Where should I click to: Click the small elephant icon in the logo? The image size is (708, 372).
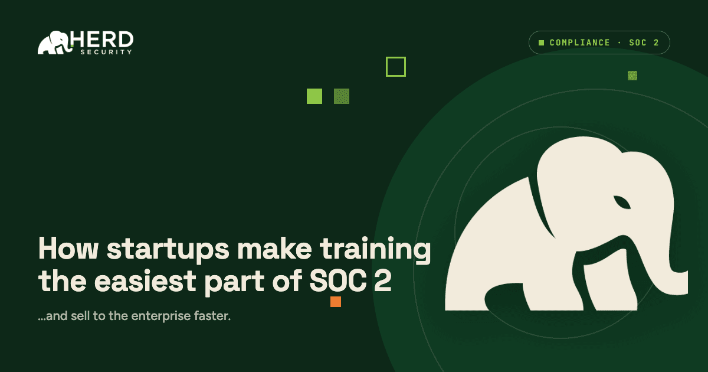point(54,43)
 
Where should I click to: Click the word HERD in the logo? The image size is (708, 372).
point(101,40)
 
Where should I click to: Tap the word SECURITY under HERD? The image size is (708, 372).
point(106,52)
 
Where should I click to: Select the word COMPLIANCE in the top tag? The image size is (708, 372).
point(579,43)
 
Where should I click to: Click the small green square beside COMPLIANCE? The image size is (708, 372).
point(541,43)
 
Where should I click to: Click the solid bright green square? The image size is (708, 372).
point(314,96)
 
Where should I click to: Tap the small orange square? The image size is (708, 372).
point(336,302)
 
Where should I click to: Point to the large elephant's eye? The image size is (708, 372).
point(622,203)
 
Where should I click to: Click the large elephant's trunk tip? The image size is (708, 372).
point(683,283)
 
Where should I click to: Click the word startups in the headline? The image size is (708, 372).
point(168,250)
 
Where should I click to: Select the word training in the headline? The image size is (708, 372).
point(375,250)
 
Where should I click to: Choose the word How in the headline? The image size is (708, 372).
point(68,249)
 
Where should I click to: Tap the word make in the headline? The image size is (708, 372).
point(275,249)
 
